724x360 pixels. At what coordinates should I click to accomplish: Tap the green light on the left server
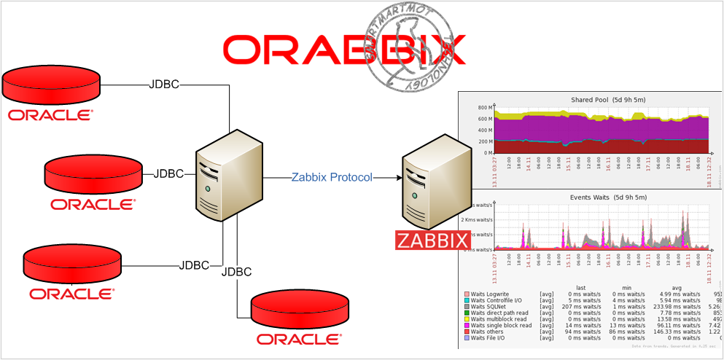pyautogui.click(x=209, y=189)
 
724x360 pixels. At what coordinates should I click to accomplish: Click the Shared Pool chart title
pyautogui.click(x=598, y=99)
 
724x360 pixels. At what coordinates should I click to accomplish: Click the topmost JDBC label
pyautogui.click(x=164, y=84)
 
